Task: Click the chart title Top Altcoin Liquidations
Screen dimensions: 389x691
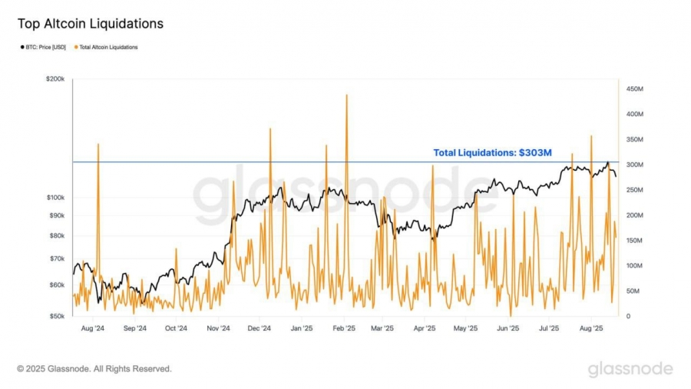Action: pos(91,24)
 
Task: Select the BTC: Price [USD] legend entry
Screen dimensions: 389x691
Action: pos(45,48)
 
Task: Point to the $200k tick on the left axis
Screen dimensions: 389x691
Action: pos(55,79)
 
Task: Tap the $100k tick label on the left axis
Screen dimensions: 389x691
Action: pos(55,198)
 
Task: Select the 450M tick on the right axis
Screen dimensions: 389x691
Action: pos(634,89)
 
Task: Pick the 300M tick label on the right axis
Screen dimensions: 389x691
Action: pos(634,165)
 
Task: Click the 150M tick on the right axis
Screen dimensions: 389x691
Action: pos(634,241)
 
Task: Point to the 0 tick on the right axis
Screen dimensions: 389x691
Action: pos(629,316)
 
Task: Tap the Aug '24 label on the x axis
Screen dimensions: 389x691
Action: pos(92,328)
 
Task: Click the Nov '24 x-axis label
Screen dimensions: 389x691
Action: pos(218,328)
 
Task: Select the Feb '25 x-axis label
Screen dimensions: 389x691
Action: pos(344,328)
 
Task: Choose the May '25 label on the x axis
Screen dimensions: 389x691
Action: pos(465,328)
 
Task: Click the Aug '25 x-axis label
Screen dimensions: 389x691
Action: pos(590,328)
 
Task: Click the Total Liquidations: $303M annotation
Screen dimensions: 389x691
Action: pos(492,153)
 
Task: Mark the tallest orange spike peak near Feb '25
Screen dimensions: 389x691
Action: pos(347,95)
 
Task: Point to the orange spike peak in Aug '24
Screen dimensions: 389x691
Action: pos(98,144)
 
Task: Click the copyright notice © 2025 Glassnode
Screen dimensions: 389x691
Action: pos(94,369)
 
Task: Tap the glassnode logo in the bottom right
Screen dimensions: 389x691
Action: pos(630,369)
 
